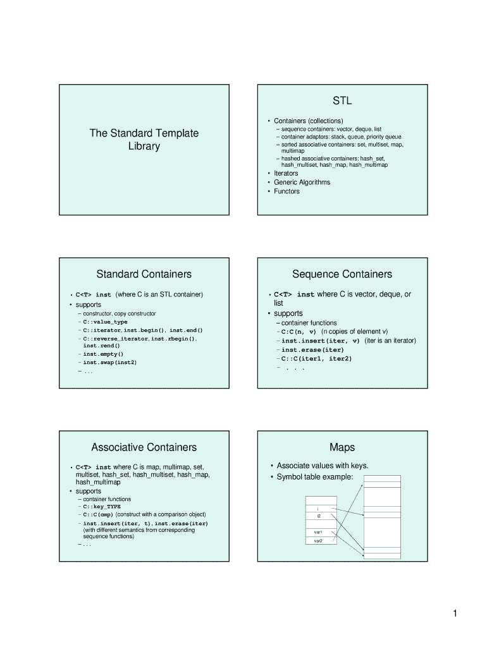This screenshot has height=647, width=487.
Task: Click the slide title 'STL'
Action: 342,100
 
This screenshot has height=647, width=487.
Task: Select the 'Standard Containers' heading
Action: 144,274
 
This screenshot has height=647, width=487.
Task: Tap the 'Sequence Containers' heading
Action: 342,274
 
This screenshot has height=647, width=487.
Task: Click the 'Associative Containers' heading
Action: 144,447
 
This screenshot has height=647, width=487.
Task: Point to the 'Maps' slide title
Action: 342,447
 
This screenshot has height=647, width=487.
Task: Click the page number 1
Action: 455,614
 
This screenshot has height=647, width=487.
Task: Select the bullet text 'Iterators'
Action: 286,173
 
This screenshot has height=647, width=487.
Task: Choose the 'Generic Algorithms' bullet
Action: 302,183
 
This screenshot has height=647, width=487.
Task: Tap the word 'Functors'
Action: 287,191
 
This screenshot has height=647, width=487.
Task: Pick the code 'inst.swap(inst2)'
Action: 110,362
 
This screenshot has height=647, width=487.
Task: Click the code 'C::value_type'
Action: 106,322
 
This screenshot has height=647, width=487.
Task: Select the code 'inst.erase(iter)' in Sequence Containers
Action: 312,350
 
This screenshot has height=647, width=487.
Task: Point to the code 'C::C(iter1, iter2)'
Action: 316,359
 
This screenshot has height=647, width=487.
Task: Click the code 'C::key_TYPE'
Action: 102,507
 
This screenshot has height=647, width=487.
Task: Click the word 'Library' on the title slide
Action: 144,147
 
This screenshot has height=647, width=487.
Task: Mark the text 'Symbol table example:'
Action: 315,477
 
